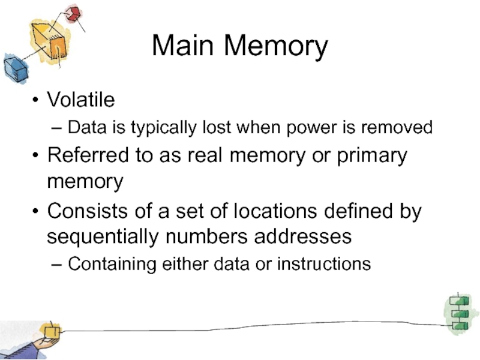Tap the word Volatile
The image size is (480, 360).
pyautogui.click(x=81, y=100)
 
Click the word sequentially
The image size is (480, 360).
pyautogui.click(x=103, y=237)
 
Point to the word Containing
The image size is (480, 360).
pyautogui.click(x=113, y=263)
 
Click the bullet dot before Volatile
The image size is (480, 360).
pyautogui.click(x=37, y=100)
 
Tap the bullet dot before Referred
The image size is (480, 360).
pyautogui.click(x=37, y=156)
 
